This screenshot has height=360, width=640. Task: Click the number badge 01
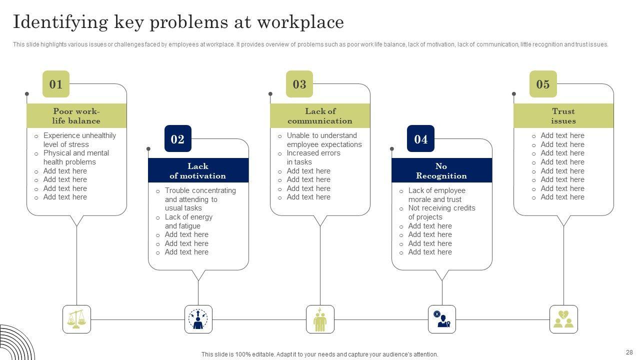[56, 84]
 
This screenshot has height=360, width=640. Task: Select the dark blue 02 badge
[177, 139]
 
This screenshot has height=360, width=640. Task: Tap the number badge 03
[299, 84]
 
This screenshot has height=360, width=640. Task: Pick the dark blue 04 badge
[421, 139]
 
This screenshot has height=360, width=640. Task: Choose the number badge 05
[543, 84]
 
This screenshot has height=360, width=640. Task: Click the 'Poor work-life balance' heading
[76, 116]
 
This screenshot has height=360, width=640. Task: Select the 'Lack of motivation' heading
[198, 171]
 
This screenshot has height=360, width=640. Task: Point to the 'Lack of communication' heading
[320, 116]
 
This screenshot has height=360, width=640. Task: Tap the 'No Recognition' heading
[441, 171]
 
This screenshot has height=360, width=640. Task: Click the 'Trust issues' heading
[563, 116]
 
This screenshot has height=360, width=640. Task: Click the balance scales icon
[76, 319]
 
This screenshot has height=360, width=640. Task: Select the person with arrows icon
[198, 319]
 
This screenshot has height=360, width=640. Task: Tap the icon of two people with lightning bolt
[320, 319]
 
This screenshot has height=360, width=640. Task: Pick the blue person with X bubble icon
[442, 319]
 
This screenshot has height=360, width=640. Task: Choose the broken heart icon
[563, 319]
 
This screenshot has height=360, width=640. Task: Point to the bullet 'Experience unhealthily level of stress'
[79, 140]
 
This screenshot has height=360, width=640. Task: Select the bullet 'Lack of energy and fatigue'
[188, 221]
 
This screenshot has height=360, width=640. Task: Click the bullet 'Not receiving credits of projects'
[441, 212]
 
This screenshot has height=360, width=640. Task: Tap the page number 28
[629, 352]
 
